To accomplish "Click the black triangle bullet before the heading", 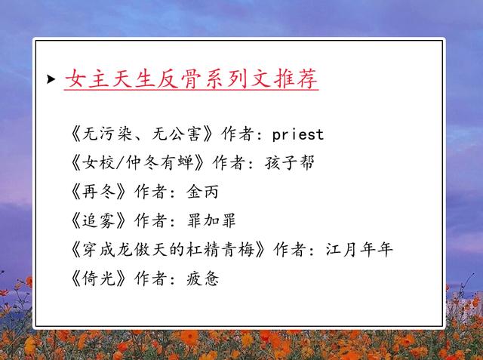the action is pyautogui.click(x=51, y=79).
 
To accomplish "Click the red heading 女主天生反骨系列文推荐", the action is pyautogui.click(x=191, y=78).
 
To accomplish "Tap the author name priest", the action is pyautogui.click(x=298, y=134).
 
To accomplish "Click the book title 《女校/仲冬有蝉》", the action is pyautogui.click(x=137, y=162).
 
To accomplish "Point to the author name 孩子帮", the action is pyautogui.click(x=289, y=162).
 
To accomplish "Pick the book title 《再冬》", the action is pyautogui.click(x=99, y=192).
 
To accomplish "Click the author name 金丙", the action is pyautogui.click(x=203, y=192).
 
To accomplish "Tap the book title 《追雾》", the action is pyautogui.click(x=99, y=220).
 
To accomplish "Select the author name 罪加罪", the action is pyautogui.click(x=211, y=220).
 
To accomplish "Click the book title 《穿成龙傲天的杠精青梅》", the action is pyautogui.click(x=168, y=250).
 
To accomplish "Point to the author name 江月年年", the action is pyautogui.click(x=359, y=250).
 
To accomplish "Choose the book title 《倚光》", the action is pyautogui.click(x=99, y=278).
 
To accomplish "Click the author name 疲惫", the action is pyautogui.click(x=203, y=278).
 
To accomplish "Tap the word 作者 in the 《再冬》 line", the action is pyautogui.click(x=151, y=192).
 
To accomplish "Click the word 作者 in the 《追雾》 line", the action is pyautogui.click(x=151, y=220).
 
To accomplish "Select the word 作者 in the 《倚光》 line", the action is pyautogui.click(x=151, y=278).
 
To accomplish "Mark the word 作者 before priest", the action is pyautogui.click(x=237, y=134).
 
